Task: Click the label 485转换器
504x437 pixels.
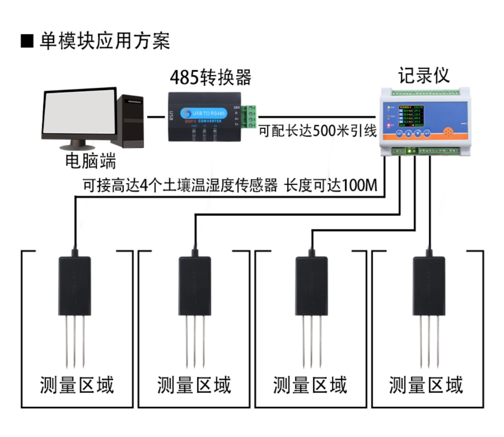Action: [x=210, y=77]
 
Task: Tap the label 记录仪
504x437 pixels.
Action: [x=423, y=75]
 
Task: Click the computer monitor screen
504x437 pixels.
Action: [x=79, y=115]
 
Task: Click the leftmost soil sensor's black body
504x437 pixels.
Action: [x=74, y=286]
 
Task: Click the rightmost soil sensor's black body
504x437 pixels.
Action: [x=429, y=286]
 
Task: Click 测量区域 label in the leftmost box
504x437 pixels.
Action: [x=77, y=385]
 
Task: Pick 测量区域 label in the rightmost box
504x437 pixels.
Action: [x=426, y=385]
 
